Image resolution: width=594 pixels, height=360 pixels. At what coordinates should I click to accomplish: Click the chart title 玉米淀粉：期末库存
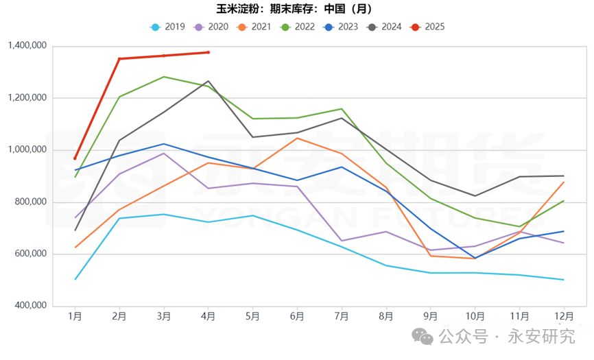(x=296, y=10)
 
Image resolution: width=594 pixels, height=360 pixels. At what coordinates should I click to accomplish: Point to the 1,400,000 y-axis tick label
(x=26, y=46)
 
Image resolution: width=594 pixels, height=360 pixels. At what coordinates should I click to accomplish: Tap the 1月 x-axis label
(x=75, y=316)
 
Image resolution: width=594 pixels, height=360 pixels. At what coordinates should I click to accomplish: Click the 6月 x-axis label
(x=297, y=316)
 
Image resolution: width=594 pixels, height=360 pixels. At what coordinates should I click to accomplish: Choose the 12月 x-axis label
(x=563, y=316)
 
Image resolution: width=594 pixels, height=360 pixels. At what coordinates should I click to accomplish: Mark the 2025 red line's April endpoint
(x=209, y=52)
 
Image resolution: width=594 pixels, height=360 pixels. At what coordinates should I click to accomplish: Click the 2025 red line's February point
(x=119, y=59)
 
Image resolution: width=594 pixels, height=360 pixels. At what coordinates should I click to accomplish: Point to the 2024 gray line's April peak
(x=209, y=81)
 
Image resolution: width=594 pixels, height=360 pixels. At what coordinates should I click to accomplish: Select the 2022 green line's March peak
(x=164, y=77)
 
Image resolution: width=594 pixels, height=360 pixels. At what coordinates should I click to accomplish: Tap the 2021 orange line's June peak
(x=297, y=139)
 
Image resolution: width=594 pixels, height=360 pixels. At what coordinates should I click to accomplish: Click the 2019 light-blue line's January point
(x=75, y=279)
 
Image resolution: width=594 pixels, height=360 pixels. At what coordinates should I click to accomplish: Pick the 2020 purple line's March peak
(x=164, y=153)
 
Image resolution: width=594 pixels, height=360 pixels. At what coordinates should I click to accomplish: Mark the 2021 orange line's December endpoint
(x=563, y=182)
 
